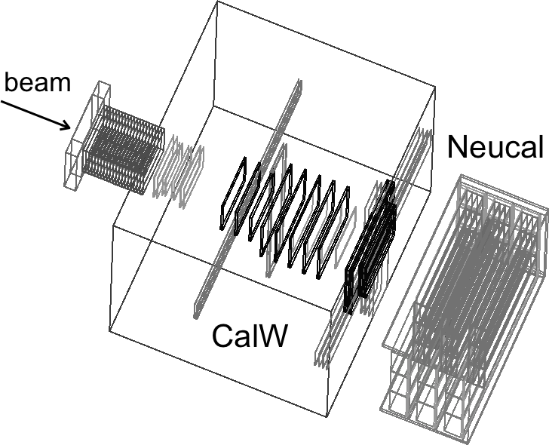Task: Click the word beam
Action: [x=38, y=82]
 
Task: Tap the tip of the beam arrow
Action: [x=70, y=128]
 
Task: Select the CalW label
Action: [x=250, y=336]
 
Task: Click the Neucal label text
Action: [x=495, y=147]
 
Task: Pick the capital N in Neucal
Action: [x=457, y=147]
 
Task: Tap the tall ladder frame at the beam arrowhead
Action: [x=87, y=136]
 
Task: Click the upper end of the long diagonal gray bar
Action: [x=299, y=81]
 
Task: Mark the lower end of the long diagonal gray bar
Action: [x=196, y=315]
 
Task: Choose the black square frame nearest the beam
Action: [x=233, y=194]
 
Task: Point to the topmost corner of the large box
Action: [x=217, y=1]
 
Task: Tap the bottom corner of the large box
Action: [x=327, y=416]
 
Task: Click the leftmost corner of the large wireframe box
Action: [x=109, y=331]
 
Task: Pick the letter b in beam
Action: [x=12, y=82]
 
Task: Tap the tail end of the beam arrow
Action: [x=2, y=102]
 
